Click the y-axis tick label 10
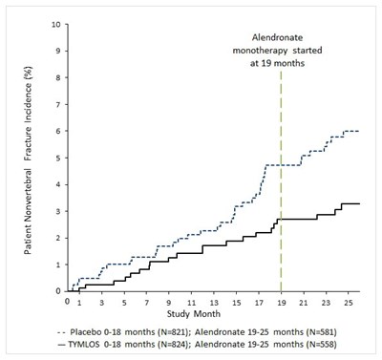[x=56, y=25]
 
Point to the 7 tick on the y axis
[x=58, y=104]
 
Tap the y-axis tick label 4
[x=58, y=184]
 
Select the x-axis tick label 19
[x=281, y=302]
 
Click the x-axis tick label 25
[x=349, y=302]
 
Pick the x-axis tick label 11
[x=191, y=302]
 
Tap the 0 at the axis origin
[x=67, y=301]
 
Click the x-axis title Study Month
[x=194, y=314]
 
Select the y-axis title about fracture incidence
[x=28, y=160]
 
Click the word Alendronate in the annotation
[x=277, y=37]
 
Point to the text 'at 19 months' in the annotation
[x=277, y=63]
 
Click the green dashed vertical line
[x=281, y=181]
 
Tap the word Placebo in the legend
[x=85, y=332]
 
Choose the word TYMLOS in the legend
[x=84, y=344]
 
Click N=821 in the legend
[x=172, y=332]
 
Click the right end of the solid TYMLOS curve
[x=360, y=203]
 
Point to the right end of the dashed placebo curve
[x=359, y=131]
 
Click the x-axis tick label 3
[x=101, y=302]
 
